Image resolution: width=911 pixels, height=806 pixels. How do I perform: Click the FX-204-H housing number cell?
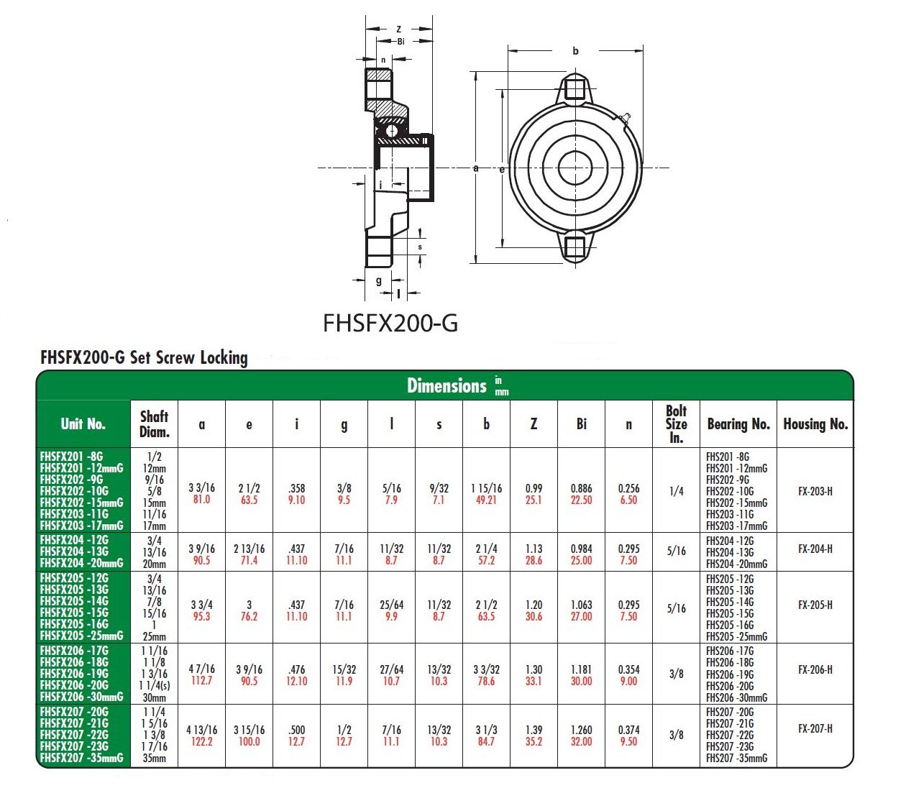point(815,549)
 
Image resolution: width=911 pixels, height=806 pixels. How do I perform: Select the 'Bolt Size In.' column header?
point(676,423)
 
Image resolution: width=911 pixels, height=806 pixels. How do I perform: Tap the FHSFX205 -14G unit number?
point(74,601)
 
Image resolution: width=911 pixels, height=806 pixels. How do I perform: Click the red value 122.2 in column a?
point(201,741)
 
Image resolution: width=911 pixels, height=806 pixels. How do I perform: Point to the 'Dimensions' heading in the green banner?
point(447,386)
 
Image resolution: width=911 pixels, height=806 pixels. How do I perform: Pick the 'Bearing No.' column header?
point(738,423)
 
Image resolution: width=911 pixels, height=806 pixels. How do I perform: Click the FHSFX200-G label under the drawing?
point(390,323)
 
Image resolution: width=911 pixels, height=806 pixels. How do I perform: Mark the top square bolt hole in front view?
point(575,89)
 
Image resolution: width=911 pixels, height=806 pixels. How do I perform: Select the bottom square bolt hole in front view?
point(575,247)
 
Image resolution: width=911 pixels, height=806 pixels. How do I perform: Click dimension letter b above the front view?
point(575,51)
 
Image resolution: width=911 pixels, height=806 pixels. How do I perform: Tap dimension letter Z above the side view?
point(398,29)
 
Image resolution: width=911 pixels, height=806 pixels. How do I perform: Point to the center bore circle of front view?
point(575,168)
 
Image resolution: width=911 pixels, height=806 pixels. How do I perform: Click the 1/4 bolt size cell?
point(676,491)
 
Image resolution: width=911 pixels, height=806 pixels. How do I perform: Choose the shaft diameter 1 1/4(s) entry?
point(154,685)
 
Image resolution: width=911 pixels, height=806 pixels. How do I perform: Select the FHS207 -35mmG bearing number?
point(736,758)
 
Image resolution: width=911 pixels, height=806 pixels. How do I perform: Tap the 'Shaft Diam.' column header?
point(154,423)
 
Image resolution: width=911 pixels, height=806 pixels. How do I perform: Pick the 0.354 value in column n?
point(628,669)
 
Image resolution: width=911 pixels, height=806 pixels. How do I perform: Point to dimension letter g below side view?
point(379,281)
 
